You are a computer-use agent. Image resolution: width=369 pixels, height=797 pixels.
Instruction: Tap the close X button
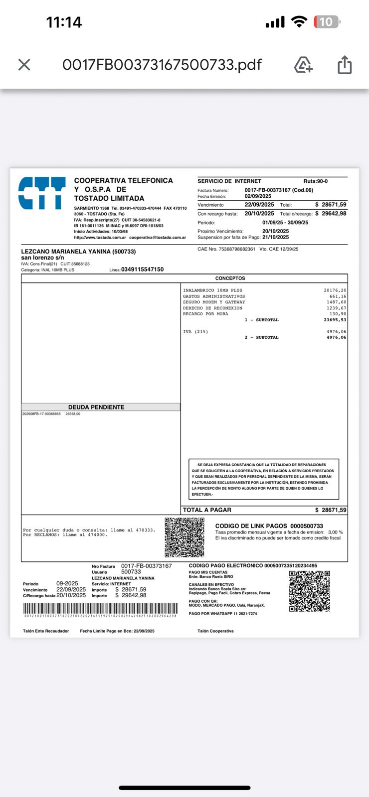(24, 65)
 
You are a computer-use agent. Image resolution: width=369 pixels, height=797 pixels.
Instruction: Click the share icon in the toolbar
(345, 65)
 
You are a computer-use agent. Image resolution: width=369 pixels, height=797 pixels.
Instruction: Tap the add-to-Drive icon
(303, 65)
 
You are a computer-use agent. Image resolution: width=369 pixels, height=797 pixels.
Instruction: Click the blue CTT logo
(42, 193)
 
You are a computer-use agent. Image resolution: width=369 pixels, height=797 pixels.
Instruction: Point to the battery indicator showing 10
(326, 22)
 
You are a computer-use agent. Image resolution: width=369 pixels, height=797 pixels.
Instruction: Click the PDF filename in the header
(162, 65)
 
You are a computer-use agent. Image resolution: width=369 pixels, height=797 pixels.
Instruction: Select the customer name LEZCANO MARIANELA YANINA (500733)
(78, 252)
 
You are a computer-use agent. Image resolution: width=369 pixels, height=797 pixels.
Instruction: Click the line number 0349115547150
(142, 269)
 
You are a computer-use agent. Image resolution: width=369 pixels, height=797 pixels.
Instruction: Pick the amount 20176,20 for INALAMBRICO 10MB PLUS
(335, 290)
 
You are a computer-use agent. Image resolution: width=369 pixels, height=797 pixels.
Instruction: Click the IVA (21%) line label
(195, 331)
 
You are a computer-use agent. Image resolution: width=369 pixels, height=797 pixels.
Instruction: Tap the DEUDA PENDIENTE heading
(96, 407)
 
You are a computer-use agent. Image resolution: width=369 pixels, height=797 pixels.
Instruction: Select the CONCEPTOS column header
(230, 278)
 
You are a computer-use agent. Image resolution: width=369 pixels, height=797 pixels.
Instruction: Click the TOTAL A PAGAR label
(207, 510)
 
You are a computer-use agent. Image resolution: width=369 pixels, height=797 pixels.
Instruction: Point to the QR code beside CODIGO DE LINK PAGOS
(184, 537)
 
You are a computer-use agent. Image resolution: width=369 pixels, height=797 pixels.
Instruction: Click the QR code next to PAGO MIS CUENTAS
(309, 591)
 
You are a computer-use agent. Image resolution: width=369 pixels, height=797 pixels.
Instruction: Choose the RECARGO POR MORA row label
(205, 314)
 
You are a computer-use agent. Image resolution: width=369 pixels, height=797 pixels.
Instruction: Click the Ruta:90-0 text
(316, 181)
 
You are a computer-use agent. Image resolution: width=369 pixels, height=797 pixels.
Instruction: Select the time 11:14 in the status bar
(64, 22)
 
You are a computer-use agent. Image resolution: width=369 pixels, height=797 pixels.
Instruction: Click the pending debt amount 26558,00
(73, 414)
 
